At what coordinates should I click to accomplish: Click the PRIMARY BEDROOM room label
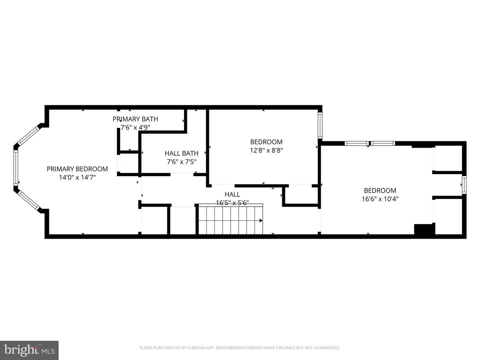pos(77,169)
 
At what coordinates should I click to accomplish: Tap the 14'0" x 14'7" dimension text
pos(77,177)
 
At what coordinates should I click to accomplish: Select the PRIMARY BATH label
pos(135,119)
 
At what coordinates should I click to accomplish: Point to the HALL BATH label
pos(182,153)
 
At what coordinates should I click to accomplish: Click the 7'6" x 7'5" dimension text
pos(182,162)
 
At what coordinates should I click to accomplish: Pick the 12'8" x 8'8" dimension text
pos(266,150)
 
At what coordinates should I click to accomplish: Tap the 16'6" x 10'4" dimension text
pos(380,199)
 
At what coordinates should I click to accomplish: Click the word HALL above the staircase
pos(232,194)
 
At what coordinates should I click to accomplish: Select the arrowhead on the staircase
pos(261,221)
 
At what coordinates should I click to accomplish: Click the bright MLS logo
pos(29,350)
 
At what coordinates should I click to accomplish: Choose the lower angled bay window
pos(29,200)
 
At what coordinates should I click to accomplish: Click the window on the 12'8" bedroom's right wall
pos(320,125)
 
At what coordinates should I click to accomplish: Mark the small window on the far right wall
pos(464,185)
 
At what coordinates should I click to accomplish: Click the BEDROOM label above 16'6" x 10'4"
pos(380,191)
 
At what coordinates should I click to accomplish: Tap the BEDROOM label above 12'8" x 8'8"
pos(266,142)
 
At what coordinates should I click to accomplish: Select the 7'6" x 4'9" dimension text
pos(135,127)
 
